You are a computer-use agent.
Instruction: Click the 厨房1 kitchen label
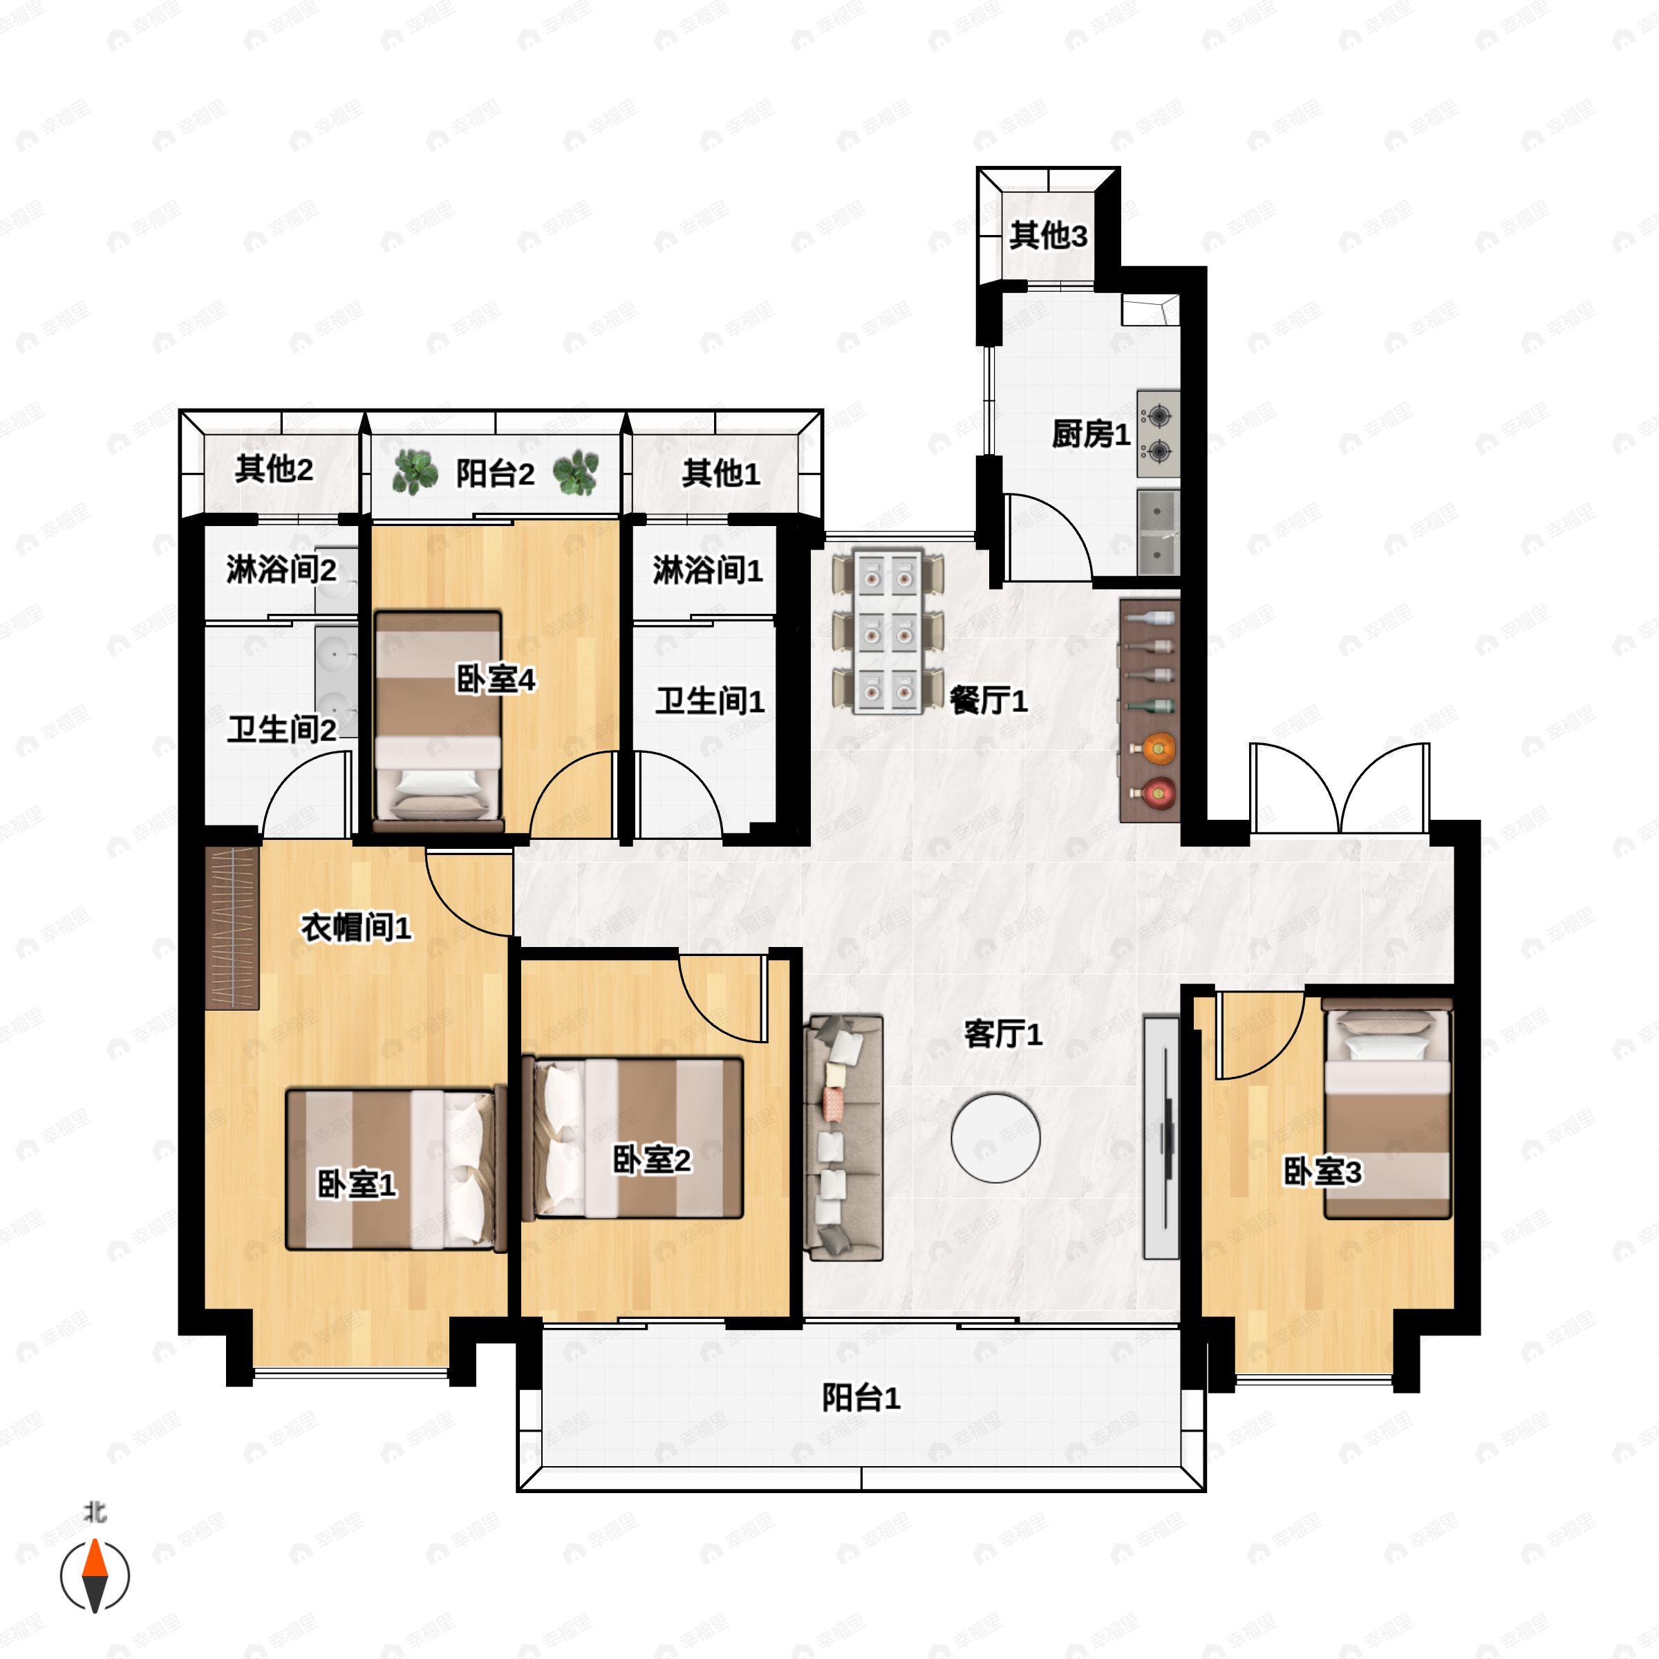(x=1091, y=435)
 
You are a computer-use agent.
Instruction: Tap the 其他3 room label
(x=1048, y=235)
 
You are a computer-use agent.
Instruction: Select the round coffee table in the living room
(x=995, y=1137)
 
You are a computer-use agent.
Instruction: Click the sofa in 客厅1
(x=844, y=1138)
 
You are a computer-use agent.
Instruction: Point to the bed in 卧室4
(x=438, y=720)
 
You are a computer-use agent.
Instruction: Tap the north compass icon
(x=95, y=1575)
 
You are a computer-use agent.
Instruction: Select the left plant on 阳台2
(x=416, y=471)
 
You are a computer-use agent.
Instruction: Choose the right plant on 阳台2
(x=575, y=472)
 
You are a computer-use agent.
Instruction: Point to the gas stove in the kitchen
(x=1159, y=435)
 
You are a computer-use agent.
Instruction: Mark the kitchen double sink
(x=1159, y=532)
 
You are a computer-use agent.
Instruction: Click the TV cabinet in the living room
(x=1161, y=1138)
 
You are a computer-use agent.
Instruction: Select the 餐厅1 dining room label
(x=988, y=701)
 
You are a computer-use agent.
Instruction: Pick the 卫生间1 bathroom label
(x=709, y=701)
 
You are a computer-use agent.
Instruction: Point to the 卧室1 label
(x=357, y=1185)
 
